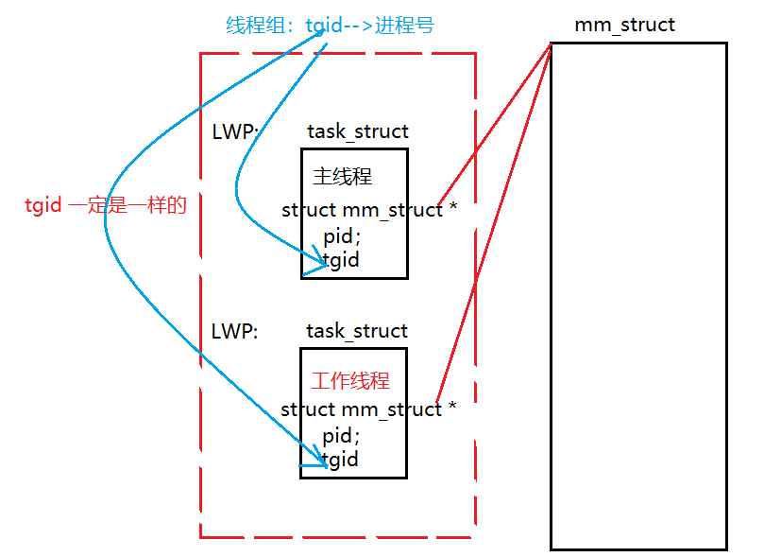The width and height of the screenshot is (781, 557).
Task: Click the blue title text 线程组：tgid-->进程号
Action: [330, 26]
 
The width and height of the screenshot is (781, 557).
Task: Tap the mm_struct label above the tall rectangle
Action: [624, 25]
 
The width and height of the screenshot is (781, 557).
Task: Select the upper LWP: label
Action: [235, 131]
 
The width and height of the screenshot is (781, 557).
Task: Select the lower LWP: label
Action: [235, 331]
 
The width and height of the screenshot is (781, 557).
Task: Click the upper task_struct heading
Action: [358, 131]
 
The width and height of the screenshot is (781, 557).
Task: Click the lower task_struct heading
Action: [357, 331]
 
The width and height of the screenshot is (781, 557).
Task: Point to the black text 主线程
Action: [342, 177]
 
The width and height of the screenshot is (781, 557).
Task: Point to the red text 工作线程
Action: [350, 381]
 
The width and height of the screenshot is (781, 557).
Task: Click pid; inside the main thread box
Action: [342, 235]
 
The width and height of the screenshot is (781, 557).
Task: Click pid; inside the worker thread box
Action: [341, 436]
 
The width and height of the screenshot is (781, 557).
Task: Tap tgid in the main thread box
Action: [342, 259]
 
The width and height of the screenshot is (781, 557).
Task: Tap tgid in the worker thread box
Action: [341, 460]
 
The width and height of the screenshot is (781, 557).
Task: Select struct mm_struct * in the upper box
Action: [369, 210]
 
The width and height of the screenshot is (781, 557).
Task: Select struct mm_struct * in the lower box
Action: [368, 409]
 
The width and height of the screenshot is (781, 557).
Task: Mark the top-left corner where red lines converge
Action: [552, 44]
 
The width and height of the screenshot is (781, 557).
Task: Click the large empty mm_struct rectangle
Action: [638, 295]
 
